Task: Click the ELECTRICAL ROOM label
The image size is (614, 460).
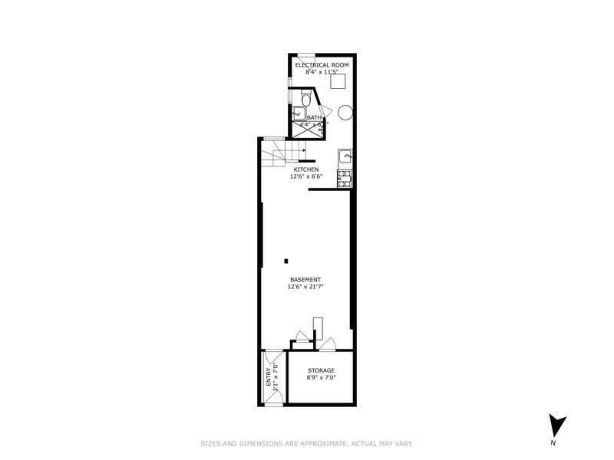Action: [x=322, y=65]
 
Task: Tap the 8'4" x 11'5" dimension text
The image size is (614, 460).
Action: [x=322, y=73]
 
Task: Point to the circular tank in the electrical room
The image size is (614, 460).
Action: [x=345, y=112]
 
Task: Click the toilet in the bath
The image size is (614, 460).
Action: [x=305, y=99]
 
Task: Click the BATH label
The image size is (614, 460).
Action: [x=315, y=117]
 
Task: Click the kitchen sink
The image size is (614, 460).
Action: [x=346, y=156]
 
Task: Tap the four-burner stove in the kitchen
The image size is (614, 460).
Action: [x=345, y=180]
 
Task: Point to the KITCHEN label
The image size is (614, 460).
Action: [x=306, y=169]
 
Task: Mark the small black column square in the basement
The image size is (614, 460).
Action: [x=286, y=261]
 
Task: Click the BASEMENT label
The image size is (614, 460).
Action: [x=305, y=280]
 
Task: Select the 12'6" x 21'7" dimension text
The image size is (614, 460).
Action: [x=305, y=287]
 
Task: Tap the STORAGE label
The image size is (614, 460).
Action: [x=321, y=370]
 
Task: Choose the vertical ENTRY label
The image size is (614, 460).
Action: [x=269, y=378]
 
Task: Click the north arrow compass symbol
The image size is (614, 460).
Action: [x=558, y=425]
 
